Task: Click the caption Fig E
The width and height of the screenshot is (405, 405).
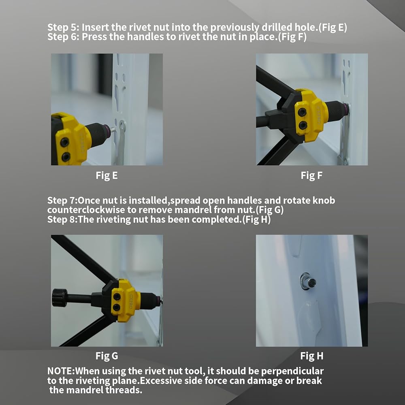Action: (x=107, y=176)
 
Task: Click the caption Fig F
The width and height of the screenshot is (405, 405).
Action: (x=311, y=176)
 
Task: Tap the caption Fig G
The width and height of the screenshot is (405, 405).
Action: (x=107, y=356)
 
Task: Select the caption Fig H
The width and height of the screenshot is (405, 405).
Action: (x=312, y=356)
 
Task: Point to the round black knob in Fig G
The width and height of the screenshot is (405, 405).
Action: (x=60, y=298)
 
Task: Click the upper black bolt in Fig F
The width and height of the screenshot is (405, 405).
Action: (x=302, y=112)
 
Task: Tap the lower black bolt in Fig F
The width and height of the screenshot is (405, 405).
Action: (x=303, y=125)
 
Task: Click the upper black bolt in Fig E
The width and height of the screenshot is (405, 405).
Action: (x=64, y=142)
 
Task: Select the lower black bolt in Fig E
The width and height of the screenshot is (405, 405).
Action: (x=66, y=156)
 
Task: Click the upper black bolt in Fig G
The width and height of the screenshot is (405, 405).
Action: (x=117, y=296)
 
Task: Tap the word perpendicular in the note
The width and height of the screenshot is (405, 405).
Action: (x=292, y=371)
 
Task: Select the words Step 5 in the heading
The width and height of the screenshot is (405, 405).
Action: (x=64, y=28)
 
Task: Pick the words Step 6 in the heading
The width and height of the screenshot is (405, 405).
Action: (x=64, y=37)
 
